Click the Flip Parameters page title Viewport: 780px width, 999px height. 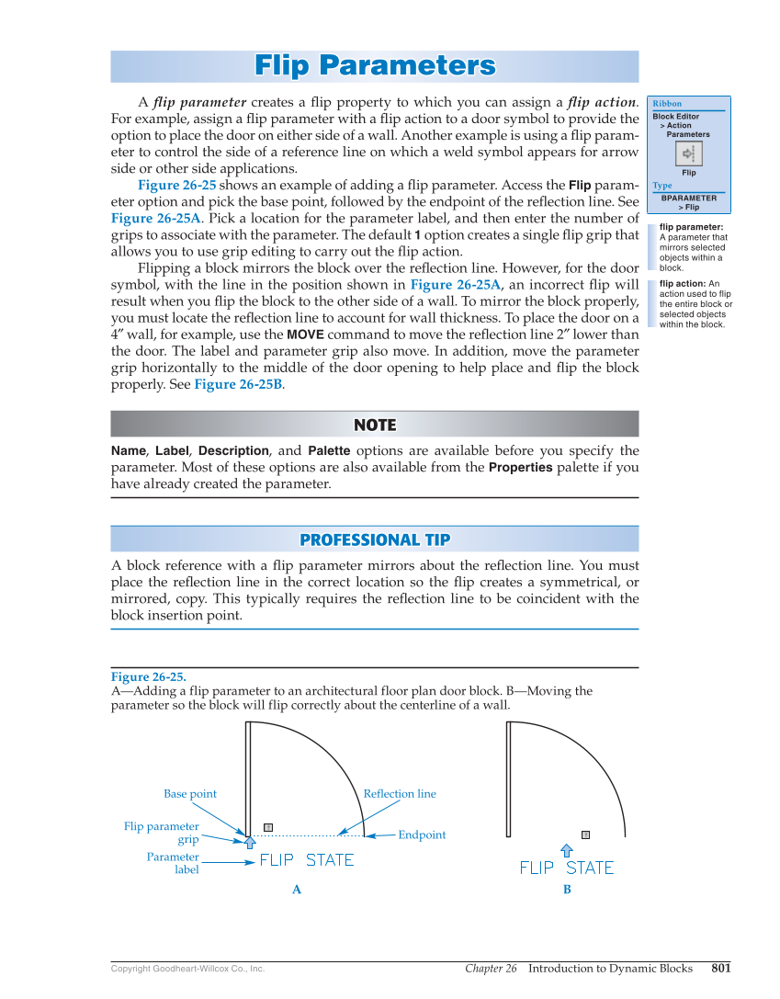click(375, 66)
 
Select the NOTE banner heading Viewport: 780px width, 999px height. click(375, 425)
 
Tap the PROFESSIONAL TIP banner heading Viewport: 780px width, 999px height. click(375, 539)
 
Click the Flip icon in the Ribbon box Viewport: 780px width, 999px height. click(688, 153)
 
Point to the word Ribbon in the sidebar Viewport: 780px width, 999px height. click(667, 104)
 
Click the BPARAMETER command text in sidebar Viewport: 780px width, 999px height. click(688, 198)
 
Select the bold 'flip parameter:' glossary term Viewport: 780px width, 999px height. click(691, 227)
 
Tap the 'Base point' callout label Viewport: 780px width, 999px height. click(190, 794)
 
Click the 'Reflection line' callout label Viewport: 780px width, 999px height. click(400, 794)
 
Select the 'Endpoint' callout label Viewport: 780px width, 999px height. click(422, 835)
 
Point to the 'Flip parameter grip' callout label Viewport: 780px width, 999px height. click(162, 833)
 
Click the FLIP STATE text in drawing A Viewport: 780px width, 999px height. click(306, 861)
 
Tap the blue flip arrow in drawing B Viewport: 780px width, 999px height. click(567, 851)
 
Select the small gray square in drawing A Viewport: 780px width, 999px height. click(268, 827)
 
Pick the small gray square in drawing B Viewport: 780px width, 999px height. click(585, 835)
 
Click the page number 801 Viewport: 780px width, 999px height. click(721, 968)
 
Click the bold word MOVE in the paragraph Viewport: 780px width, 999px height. click(305, 335)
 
